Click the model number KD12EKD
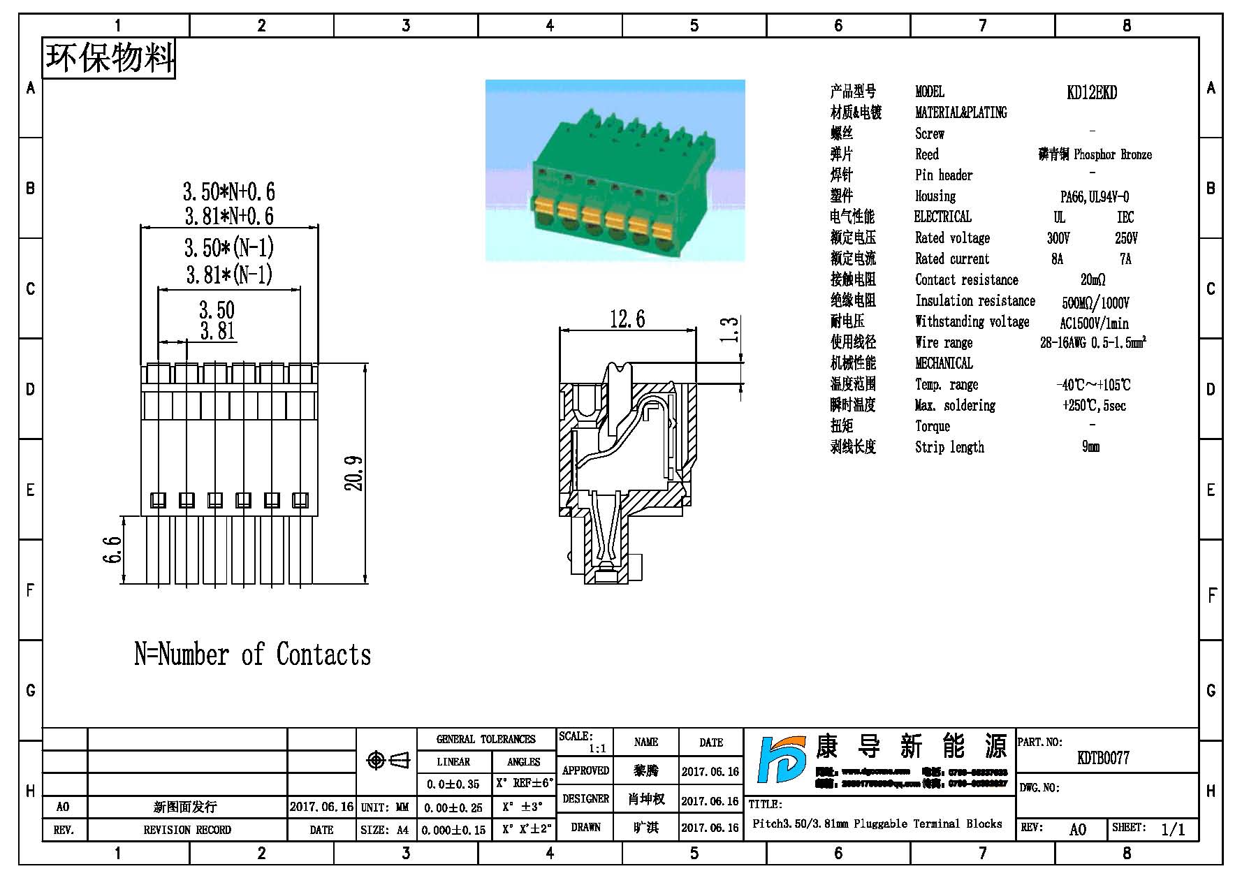pyautogui.click(x=1091, y=92)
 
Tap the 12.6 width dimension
pyautogui.click(x=627, y=320)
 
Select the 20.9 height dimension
pyautogui.click(x=355, y=473)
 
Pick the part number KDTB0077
pyautogui.click(x=1103, y=758)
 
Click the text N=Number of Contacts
pyautogui.click(x=252, y=654)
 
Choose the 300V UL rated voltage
pyautogui.click(x=1058, y=238)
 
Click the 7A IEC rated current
pyautogui.click(x=1125, y=259)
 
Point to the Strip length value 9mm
pyautogui.click(x=1090, y=447)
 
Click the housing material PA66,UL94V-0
pyautogui.click(x=1094, y=197)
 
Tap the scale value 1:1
pyautogui.click(x=597, y=749)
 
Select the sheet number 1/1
pyautogui.click(x=1173, y=829)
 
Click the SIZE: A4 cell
pyautogui.click(x=385, y=830)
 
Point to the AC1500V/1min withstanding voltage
pyautogui.click(x=1094, y=323)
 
